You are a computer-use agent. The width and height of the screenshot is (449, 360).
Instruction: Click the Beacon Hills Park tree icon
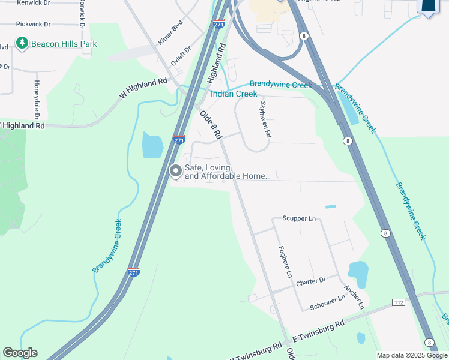[22, 43]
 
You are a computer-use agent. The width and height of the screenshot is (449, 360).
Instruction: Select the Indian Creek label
[234, 94]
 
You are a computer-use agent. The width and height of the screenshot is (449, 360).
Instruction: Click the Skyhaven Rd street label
[265, 119]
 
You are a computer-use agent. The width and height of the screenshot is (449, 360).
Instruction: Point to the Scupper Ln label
[298, 218]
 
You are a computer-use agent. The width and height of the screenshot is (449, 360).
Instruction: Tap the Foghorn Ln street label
[284, 262]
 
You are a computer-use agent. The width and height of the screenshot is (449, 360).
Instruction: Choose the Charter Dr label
[310, 280]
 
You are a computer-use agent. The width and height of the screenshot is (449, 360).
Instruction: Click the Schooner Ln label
[327, 302]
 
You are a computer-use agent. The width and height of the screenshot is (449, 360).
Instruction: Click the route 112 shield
[398, 302]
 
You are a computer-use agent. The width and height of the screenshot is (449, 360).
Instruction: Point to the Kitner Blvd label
[170, 34]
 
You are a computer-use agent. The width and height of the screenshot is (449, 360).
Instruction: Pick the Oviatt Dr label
[180, 56]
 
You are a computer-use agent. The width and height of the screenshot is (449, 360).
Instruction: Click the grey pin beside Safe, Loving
[176, 172]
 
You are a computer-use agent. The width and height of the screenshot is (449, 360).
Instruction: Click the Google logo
[20, 353]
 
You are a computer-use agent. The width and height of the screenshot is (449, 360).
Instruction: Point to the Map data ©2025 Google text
[411, 355]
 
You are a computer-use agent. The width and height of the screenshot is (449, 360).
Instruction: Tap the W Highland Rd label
[143, 89]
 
